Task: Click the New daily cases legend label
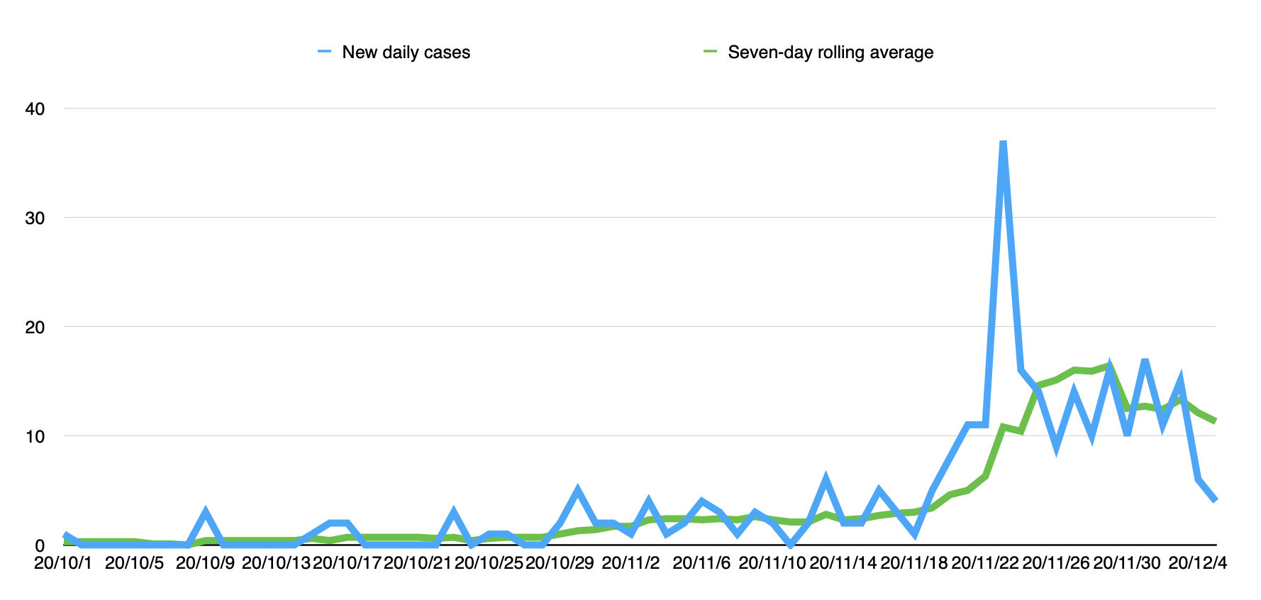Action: tap(406, 52)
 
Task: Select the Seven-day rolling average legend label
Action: tap(830, 52)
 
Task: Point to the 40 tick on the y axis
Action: tap(35, 109)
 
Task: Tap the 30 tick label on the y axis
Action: tap(35, 218)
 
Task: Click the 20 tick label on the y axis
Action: tap(35, 328)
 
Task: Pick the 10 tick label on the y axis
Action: tap(35, 437)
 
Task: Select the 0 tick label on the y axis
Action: tap(40, 546)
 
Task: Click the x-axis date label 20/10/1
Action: tap(63, 563)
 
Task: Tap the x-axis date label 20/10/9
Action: tap(205, 563)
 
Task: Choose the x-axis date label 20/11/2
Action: tap(630, 563)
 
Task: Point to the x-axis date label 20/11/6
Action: tap(701, 563)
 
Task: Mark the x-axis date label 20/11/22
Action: tap(985, 563)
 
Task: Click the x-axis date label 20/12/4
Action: tap(1198, 563)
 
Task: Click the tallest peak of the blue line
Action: tap(1003, 143)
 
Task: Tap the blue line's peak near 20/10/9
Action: tap(206, 512)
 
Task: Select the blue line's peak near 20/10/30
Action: tap(578, 490)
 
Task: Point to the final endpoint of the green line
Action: tap(1216, 421)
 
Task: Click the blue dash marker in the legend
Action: tap(325, 52)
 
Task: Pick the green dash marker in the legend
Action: tap(711, 52)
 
